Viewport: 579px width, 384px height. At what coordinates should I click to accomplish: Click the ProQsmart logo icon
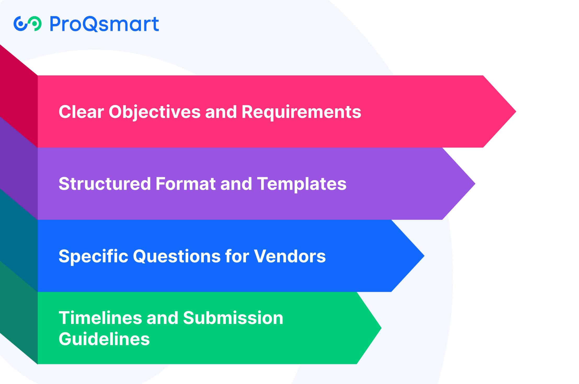point(27,24)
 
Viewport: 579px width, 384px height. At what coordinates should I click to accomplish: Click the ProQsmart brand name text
point(104,24)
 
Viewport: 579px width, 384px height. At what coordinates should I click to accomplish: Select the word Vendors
point(290,256)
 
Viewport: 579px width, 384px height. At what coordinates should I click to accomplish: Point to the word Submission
point(233,318)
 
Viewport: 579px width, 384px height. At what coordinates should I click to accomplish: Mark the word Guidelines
point(104,339)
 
